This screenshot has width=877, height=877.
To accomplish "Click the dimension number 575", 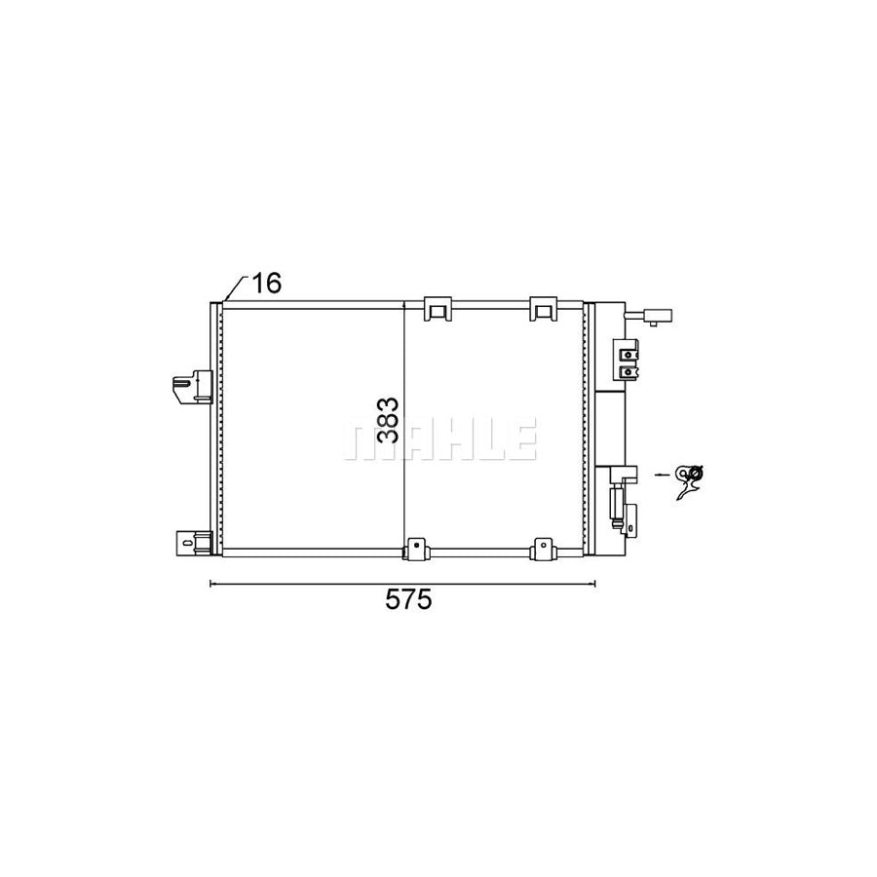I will click(406, 601).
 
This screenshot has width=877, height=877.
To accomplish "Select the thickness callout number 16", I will click(266, 284).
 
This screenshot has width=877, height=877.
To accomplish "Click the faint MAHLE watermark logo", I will click(438, 440).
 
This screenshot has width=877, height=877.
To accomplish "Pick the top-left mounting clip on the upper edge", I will click(438, 309).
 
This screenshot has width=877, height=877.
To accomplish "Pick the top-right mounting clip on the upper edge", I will click(542, 309).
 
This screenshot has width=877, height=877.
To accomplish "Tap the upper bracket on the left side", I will click(192, 387).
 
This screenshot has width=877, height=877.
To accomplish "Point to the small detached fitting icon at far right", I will click(694, 478).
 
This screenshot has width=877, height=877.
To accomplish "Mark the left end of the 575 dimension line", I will click(211, 584).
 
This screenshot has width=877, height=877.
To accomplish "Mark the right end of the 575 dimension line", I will click(594, 584).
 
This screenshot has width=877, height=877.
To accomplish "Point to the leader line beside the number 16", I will click(233, 288).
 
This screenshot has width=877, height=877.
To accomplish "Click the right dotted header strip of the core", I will click(584, 429).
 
